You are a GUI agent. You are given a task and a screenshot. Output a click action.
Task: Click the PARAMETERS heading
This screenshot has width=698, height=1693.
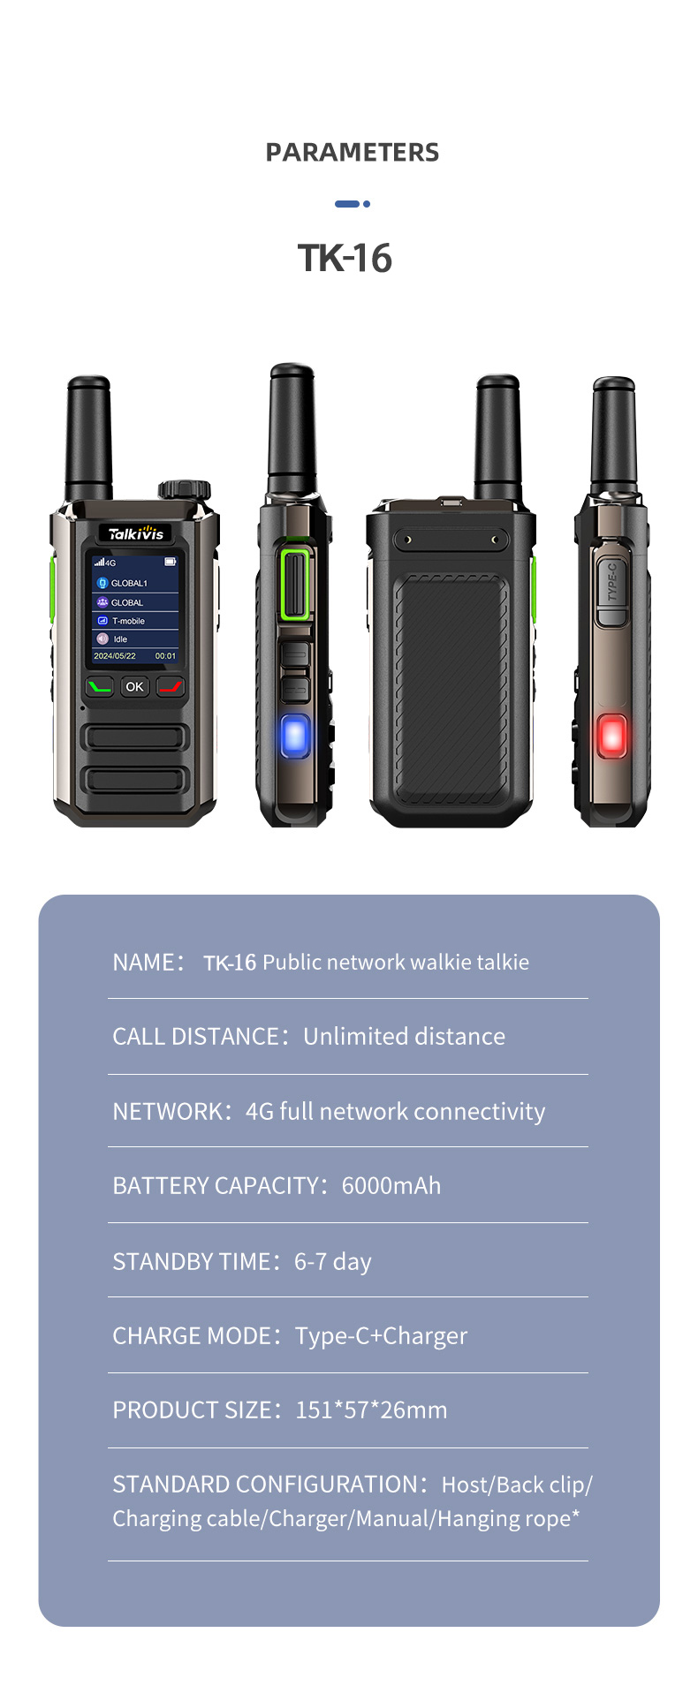tap(352, 153)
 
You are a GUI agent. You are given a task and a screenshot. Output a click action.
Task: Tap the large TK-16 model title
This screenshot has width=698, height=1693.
tap(345, 259)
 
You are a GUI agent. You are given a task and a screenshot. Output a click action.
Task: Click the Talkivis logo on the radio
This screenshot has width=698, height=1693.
tap(135, 533)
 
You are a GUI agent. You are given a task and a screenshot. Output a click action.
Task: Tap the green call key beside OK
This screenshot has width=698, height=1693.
tap(100, 686)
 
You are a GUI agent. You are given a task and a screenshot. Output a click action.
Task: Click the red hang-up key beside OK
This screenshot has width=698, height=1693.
tap(171, 686)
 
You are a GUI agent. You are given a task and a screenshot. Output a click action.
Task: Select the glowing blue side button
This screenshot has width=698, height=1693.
tap(295, 736)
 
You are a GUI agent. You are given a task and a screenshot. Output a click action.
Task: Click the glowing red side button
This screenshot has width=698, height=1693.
tap(611, 736)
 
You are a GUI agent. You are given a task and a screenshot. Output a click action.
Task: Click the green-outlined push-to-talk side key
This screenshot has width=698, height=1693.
tap(295, 584)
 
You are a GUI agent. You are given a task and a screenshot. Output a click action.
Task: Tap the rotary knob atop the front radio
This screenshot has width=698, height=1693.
tap(184, 489)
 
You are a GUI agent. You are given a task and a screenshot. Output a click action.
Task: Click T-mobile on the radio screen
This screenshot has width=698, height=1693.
tap(128, 621)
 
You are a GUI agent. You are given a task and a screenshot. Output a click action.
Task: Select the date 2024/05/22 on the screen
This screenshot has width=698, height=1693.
tap(115, 656)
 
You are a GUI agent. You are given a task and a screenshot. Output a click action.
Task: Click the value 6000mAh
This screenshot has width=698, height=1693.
tap(391, 1186)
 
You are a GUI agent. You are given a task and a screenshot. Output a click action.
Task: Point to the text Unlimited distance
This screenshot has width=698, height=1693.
tap(404, 1037)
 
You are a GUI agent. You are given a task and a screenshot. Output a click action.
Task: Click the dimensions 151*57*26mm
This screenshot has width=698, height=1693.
tap(371, 1410)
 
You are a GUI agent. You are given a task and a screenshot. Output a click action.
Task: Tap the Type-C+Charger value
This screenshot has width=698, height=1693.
tap(381, 1336)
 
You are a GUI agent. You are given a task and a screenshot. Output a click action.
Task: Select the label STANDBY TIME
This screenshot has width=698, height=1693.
tap(191, 1262)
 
